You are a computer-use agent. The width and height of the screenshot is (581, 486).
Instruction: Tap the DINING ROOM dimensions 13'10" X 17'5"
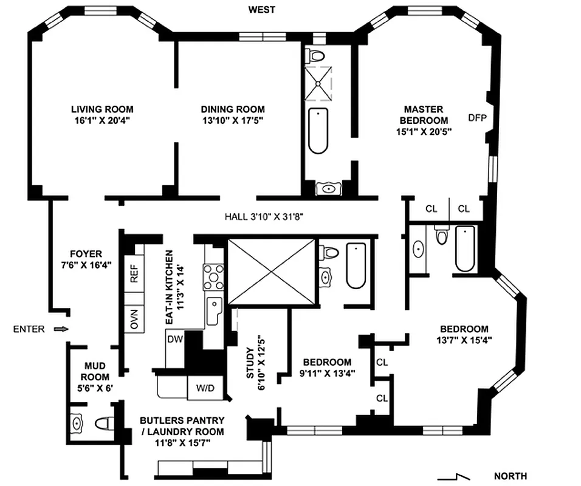[x=233, y=120]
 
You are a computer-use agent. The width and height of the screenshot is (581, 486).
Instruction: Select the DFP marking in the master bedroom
[x=478, y=118]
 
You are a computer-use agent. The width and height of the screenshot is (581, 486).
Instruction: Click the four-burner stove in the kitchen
[x=214, y=276]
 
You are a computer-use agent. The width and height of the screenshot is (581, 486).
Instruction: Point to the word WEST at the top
[x=261, y=10]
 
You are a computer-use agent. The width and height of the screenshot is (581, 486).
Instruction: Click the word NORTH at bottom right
[x=510, y=476]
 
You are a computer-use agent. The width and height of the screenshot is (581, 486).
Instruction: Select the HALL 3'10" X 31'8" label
[x=269, y=216]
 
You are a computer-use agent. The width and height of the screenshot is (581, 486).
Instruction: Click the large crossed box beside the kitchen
[x=271, y=271]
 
